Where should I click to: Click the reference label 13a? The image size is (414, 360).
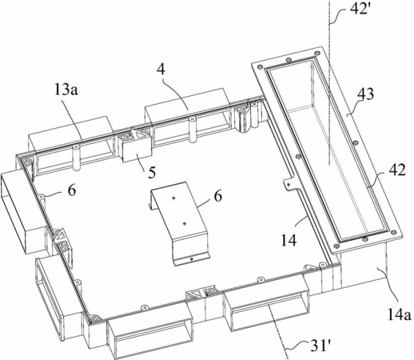coord(66,90)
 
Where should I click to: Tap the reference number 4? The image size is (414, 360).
coord(161,70)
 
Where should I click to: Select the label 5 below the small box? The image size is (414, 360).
coord(152,172)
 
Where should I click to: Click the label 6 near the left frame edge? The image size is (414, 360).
coord(71,190)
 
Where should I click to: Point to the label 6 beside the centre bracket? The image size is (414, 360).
coord(218,197)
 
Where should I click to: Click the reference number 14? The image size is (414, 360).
coord(289,240)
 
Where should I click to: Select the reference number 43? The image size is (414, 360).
coord(366,94)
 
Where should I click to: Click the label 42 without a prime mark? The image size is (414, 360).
coord(397,170)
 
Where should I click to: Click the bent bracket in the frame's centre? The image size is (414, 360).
coord(179,222)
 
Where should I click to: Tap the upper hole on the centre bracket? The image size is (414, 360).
coord(173,198)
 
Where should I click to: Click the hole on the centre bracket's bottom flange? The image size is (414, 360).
coord(191,258)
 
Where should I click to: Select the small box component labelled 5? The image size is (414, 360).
coord(137,150)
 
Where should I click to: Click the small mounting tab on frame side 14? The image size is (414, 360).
coord(290,184)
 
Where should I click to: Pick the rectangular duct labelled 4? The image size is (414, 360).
coord(186,117)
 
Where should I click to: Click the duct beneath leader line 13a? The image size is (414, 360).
coord(70,146)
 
